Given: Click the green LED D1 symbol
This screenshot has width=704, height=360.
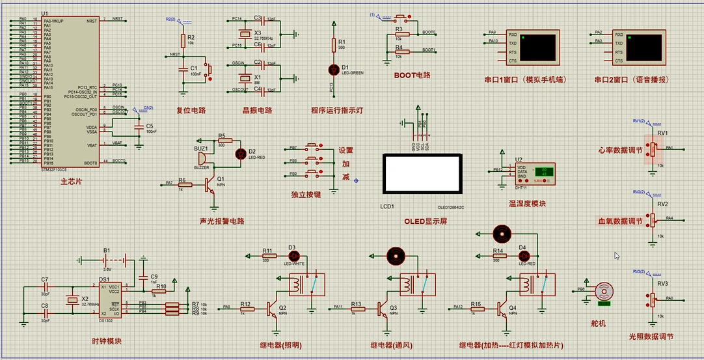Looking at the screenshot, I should click(334, 68).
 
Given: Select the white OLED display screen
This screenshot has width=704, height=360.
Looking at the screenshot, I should click(423, 174).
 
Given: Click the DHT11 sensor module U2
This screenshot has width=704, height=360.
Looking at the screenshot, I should click(535, 173).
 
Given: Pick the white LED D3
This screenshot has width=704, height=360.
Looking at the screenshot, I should click(292, 255).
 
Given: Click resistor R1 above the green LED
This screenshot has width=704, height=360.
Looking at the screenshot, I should click(334, 45).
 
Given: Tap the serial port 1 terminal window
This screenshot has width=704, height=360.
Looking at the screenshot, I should click(535, 48).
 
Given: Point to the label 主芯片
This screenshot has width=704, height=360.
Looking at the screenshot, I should click(71, 180).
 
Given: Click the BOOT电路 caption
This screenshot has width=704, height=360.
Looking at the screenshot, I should click(412, 75).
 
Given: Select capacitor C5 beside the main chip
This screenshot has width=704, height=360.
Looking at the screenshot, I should click(138, 128).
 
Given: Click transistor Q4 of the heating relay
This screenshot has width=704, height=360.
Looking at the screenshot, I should click(503, 309).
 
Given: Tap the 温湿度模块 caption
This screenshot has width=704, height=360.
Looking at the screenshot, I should click(527, 204).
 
